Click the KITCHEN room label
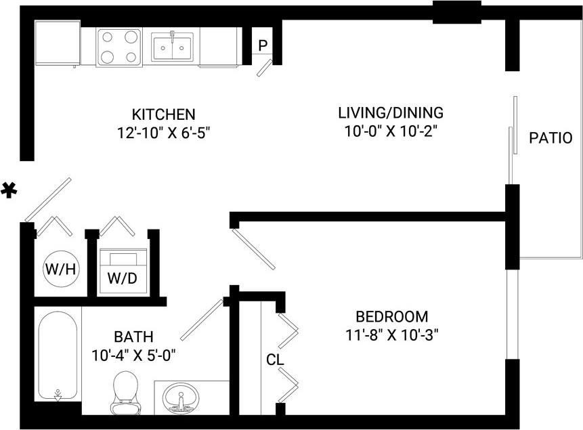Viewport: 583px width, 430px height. (x=163, y=114)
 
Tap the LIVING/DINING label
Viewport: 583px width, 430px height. (x=391, y=112)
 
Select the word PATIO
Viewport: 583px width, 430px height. (x=550, y=138)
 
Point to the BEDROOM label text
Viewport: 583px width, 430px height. (x=392, y=316)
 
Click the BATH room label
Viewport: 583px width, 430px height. (x=133, y=337)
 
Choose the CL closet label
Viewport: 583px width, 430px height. (x=274, y=360)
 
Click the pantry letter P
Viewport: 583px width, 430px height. (x=263, y=46)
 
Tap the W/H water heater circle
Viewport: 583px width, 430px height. (x=61, y=269)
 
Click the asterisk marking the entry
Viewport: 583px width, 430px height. (x=9, y=191)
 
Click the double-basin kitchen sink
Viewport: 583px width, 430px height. (x=173, y=47)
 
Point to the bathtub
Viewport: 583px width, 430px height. (x=58, y=356)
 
